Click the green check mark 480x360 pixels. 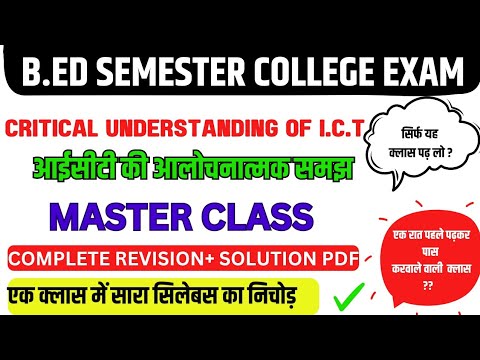pyautogui.click(x=346, y=297)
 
